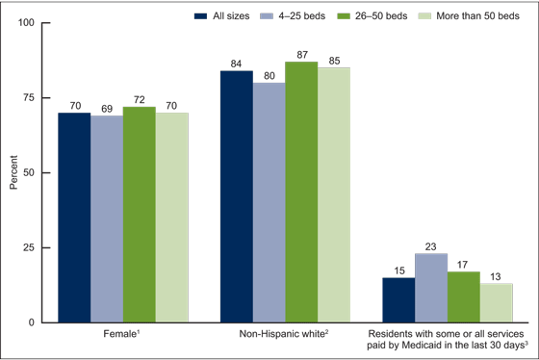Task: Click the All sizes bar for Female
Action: tap(74, 218)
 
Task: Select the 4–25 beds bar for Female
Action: tap(107, 219)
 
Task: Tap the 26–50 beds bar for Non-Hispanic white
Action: tap(301, 192)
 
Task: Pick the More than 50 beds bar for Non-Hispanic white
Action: tap(334, 194)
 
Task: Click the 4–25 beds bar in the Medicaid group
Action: tap(431, 288)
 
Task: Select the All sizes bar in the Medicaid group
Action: tap(398, 299)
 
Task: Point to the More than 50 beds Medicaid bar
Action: tap(496, 302)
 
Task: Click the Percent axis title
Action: tap(13, 172)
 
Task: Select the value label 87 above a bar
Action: tap(301, 54)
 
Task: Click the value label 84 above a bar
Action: tap(237, 64)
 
